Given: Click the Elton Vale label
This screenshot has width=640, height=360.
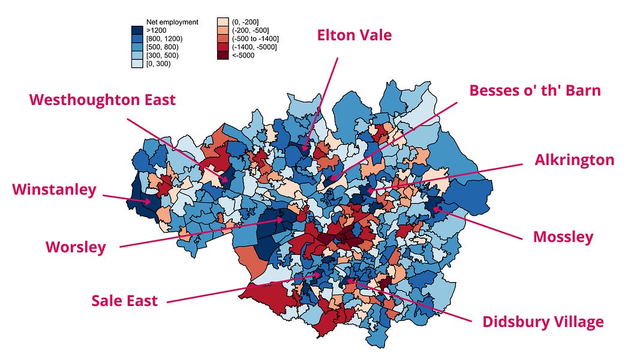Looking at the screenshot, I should pyautogui.click(x=354, y=35).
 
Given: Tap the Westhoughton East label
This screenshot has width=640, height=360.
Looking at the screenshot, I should pyautogui.click(x=103, y=100).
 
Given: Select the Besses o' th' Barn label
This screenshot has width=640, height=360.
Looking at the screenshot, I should pyautogui.click(x=535, y=91).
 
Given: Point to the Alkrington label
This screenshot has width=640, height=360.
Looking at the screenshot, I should pyautogui.click(x=575, y=160).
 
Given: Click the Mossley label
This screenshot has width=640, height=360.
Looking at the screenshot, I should pyautogui.click(x=563, y=237).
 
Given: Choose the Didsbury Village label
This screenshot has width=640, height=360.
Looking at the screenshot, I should pyautogui.click(x=543, y=322).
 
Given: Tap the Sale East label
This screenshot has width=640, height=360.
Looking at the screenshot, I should pyautogui.click(x=125, y=301).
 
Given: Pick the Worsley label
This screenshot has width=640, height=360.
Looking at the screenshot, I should pyautogui.click(x=76, y=247).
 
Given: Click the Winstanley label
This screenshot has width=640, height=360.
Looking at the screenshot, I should pyautogui.click(x=54, y=190).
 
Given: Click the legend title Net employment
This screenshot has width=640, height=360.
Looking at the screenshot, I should pyautogui.click(x=172, y=22).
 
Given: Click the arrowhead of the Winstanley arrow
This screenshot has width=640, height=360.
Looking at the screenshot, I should pyautogui.click(x=151, y=202).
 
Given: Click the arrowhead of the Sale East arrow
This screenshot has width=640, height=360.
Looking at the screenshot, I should pyautogui.click(x=322, y=275).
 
